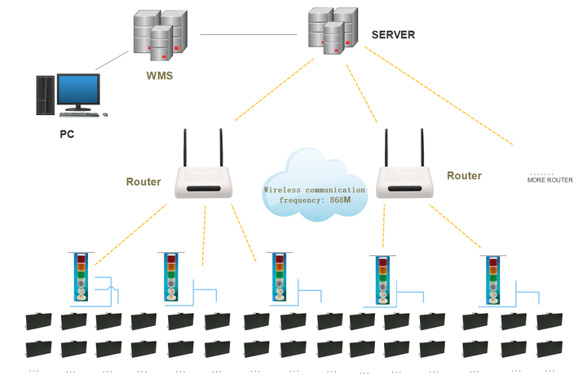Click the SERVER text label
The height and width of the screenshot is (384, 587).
(393, 35)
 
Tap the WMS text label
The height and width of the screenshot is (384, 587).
(160, 76)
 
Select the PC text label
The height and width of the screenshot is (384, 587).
(67, 134)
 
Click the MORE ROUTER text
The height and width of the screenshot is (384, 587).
(550, 180)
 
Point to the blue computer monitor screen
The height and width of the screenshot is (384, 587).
(78, 90)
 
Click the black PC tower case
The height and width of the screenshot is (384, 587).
(46, 95)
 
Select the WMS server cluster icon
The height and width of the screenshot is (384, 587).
(161, 35)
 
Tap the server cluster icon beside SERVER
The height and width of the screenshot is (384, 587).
(333, 31)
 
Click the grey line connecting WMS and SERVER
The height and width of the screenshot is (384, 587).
(249, 35)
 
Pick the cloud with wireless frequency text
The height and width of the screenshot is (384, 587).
(315, 184)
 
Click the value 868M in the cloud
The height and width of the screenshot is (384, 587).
(340, 200)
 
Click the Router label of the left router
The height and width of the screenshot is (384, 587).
(143, 182)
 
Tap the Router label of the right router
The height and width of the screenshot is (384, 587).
(464, 175)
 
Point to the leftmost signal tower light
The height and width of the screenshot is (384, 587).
(82, 277)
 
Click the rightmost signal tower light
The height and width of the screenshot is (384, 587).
(493, 280)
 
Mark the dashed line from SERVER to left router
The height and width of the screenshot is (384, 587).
(274, 90)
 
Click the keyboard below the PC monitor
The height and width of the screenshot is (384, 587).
(79, 114)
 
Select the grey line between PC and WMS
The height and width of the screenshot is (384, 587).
(112, 60)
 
